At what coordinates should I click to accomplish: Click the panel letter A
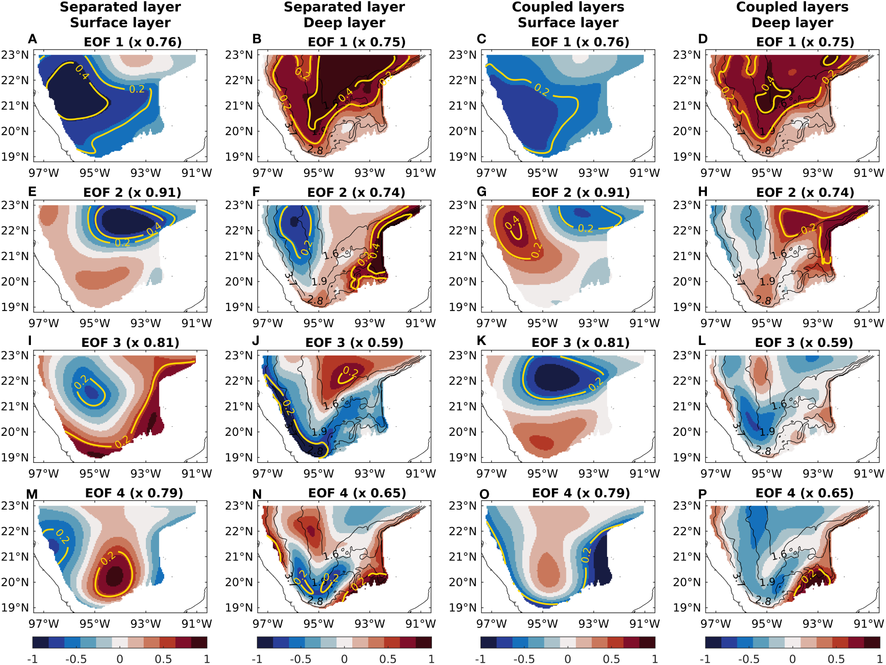pyautogui.click(x=32, y=39)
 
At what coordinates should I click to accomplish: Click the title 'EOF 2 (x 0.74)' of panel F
pyautogui.click(x=356, y=192)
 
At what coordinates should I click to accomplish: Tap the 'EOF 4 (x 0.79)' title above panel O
pyautogui.click(x=581, y=493)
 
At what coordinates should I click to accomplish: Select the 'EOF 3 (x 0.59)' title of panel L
pyautogui.click(x=804, y=342)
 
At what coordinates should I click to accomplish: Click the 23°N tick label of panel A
pyautogui.click(x=15, y=55)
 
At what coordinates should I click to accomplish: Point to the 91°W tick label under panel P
pyautogui.click(x=868, y=624)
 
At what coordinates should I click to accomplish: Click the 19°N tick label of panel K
pyautogui.click(x=462, y=457)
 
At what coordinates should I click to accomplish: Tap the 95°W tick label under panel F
pyautogui.click(x=318, y=323)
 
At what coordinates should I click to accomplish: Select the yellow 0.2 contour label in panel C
pyautogui.click(x=542, y=90)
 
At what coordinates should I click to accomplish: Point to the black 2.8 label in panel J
pyautogui.click(x=315, y=451)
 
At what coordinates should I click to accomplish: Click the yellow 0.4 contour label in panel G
pyautogui.click(x=512, y=222)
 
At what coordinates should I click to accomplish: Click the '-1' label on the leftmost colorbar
pyautogui.click(x=32, y=659)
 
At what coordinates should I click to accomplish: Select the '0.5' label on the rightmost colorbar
pyautogui.click(x=836, y=659)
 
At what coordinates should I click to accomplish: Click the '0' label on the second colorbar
pyautogui.click(x=344, y=659)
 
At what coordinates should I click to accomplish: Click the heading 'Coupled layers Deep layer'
pyautogui.click(x=792, y=15)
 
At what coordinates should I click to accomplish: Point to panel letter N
pyautogui.click(x=257, y=495)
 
